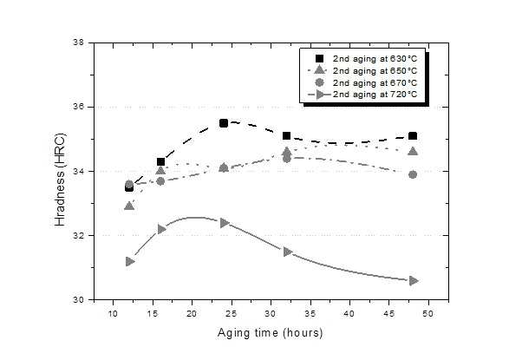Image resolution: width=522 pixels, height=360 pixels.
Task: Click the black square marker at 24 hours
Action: (x=224, y=123)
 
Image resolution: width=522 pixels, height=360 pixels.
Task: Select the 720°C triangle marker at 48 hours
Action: (x=414, y=281)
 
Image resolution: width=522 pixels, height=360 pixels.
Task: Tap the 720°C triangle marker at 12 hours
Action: (x=130, y=261)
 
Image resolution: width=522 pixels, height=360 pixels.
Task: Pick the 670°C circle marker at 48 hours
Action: (x=413, y=174)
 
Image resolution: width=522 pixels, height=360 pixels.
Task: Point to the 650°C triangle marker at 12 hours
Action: (x=129, y=206)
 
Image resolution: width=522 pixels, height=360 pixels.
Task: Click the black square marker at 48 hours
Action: (x=413, y=136)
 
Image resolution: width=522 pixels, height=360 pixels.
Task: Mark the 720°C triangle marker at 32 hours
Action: (x=288, y=252)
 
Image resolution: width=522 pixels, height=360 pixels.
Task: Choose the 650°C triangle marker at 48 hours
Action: (x=413, y=151)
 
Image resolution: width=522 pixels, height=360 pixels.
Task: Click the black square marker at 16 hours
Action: (x=160, y=162)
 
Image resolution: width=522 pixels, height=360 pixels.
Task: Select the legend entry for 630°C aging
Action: (x=366, y=59)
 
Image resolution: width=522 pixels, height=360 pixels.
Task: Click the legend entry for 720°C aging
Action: (x=362, y=95)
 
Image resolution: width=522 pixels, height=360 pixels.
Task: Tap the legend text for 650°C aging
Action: (x=375, y=71)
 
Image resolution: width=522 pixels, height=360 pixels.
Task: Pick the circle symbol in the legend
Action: (x=319, y=82)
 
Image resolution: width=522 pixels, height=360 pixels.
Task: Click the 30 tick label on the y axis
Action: (x=79, y=299)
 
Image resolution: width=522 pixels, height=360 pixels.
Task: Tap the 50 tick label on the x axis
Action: (x=428, y=314)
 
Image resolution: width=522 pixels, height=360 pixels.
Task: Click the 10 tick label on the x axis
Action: (x=114, y=314)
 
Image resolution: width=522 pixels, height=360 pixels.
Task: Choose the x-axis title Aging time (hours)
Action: (x=270, y=333)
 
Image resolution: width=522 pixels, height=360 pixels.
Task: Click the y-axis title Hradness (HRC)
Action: (x=60, y=180)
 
